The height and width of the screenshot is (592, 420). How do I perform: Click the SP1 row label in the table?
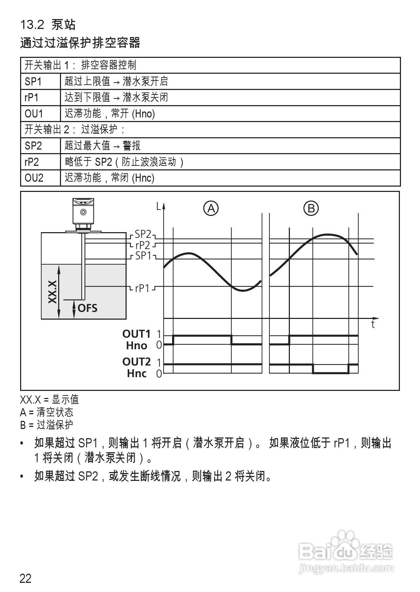(x=33, y=81)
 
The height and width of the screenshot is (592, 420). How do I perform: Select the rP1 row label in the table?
(x=32, y=97)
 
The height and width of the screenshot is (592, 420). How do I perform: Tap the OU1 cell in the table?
(x=34, y=114)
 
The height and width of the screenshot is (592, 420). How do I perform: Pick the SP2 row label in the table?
(x=34, y=145)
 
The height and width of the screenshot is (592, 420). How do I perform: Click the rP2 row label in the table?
(x=32, y=162)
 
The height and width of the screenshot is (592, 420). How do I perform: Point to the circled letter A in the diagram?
(x=211, y=209)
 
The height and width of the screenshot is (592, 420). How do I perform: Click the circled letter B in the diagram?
(x=311, y=209)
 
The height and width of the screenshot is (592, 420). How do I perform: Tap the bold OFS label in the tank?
(x=87, y=308)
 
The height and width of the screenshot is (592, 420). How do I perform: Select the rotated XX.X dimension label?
(x=53, y=292)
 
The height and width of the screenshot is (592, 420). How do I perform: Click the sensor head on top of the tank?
(x=83, y=211)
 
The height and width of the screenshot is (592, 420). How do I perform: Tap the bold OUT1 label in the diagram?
(x=136, y=333)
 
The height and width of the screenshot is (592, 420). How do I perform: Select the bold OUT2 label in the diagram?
(x=136, y=362)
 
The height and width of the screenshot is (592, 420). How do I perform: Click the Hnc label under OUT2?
(x=137, y=373)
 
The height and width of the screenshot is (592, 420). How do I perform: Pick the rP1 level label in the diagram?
(x=142, y=289)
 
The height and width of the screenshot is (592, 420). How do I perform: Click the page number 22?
(x=26, y=579)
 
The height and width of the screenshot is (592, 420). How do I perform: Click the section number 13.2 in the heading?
(x=32, y=25)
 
